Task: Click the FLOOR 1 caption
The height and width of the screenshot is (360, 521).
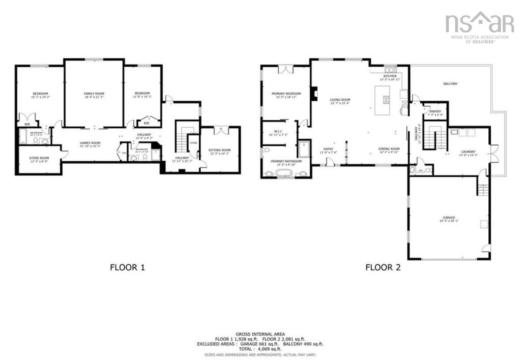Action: coord(127,267)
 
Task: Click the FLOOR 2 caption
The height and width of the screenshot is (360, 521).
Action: coord(383,267)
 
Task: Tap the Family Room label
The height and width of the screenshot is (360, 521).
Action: coord(94,94)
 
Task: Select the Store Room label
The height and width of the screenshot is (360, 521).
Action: coord(39,158)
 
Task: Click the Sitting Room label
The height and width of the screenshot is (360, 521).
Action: coord(220,151)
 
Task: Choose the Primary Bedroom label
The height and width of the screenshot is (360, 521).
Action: coord(286,94)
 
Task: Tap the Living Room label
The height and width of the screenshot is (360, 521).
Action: coord(339,100)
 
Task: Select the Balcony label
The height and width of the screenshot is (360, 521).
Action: coord(450,83)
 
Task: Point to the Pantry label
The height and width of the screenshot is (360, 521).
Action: coord(433,112)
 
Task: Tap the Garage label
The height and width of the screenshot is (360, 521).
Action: coord(449,218)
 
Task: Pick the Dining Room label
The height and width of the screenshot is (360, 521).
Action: coord(388,149)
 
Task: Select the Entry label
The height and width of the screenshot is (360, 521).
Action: coord(328,149)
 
